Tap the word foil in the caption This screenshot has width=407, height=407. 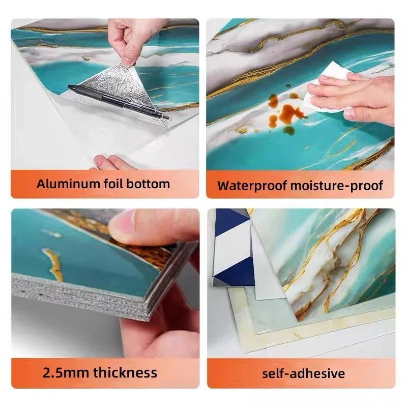113,184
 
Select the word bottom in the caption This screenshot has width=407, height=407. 148,184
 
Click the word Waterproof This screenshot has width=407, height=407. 252,186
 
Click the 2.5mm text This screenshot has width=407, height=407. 66,372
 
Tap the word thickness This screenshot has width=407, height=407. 125,372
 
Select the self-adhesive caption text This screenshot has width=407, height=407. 303,373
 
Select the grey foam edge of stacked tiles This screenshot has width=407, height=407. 78,296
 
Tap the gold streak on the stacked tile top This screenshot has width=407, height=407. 54,263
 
